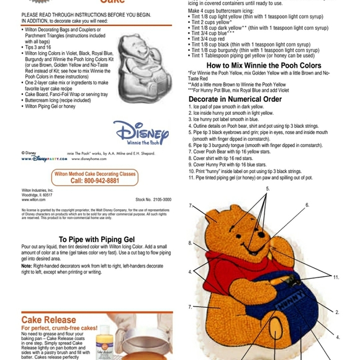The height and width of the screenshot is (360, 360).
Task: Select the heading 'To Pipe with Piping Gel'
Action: point(97,239)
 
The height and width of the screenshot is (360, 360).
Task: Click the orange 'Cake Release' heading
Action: point(49,320)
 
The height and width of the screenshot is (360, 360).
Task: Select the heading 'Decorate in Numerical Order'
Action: point(235,99)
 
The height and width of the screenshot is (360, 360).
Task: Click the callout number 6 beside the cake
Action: point(307,205)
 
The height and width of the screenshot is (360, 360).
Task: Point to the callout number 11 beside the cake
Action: point(336,277)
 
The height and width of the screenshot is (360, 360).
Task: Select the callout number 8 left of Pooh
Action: point(191,243)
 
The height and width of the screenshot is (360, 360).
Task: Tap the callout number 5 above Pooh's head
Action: point(268,188)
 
